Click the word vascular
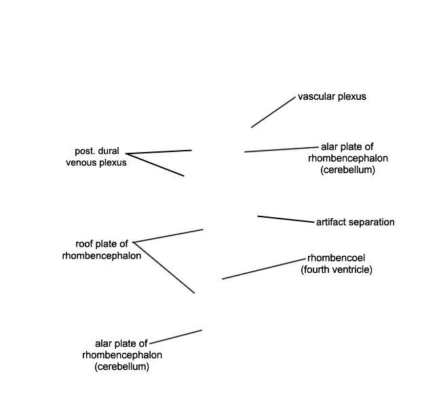coord(317,96)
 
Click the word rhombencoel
coord(336,258)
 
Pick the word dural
coord(109,151)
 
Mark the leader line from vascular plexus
coord(273,112)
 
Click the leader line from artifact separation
coord(286,219)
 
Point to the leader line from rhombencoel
coord(264,269)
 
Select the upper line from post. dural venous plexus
coord(159,152)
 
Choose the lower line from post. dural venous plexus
coord(155,164)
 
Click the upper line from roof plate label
coord(168,236)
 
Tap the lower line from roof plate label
coord(164,267)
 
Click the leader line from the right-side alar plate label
coord(282,149)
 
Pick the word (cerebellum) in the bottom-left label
coord(121,366)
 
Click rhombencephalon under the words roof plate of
coord(102,256)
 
